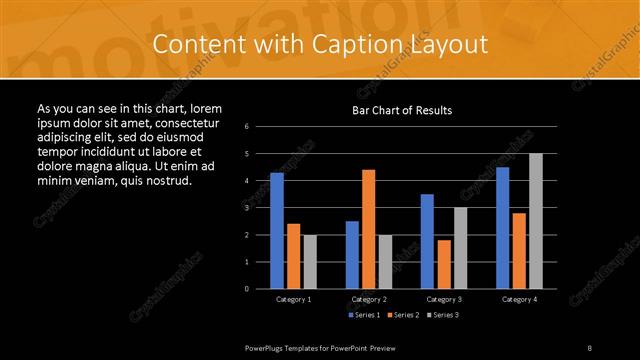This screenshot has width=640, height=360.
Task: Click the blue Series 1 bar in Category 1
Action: coord(277,231)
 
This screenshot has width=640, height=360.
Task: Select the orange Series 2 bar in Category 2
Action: coord(369,229)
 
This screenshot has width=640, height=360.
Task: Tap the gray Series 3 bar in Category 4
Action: coord(536,221)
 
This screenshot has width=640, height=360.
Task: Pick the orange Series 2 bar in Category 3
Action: coord(444,264)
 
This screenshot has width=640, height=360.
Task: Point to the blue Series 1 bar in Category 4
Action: coord(503,228)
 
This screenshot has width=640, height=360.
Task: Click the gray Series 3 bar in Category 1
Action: coord(310,262)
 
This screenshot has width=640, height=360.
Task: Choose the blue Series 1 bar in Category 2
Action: coord(352,255)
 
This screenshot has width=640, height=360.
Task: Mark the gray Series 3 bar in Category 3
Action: coord(460,248)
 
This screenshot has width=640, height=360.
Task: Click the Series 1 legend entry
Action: coord(364,315)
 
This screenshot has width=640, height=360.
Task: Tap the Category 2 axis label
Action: coord(369,299)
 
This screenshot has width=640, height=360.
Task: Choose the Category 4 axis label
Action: coord(519,299)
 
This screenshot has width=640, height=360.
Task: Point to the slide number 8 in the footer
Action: coord(589,346)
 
